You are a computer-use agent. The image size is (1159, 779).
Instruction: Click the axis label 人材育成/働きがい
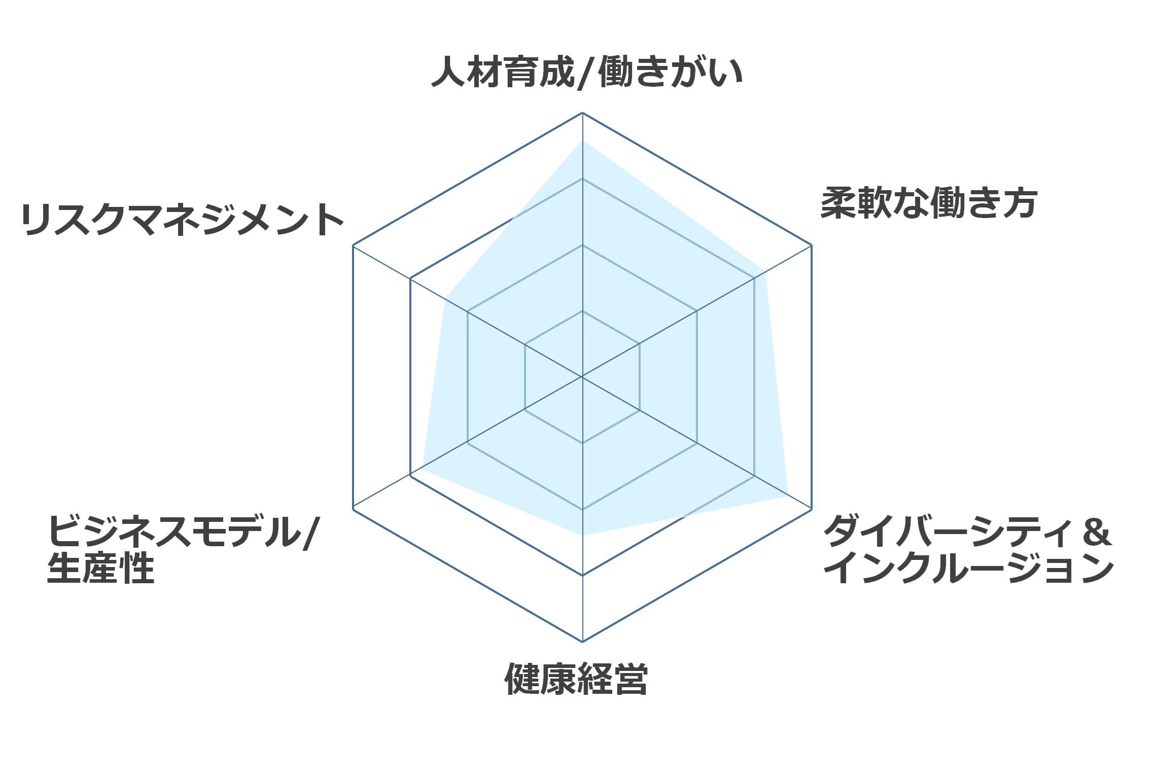[x=587, y=72]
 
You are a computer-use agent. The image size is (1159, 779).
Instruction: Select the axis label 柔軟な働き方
[x=929, y=203]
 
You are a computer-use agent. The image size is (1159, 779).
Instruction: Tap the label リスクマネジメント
[x=183, y=220]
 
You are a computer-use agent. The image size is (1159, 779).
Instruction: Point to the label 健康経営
[x=576, y=679]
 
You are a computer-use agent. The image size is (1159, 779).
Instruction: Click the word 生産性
[x=100, y=568]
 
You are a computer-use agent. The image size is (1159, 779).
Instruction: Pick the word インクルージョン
[x=969, y=568]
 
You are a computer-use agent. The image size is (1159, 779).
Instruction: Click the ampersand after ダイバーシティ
[x=1097, y=532]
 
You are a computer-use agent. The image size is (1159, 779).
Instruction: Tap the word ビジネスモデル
[x=174, y=532]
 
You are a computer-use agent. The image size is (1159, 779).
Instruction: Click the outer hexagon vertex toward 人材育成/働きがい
[x=582, y=113]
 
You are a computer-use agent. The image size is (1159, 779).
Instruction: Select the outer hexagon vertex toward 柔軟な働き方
[x=812, y=245]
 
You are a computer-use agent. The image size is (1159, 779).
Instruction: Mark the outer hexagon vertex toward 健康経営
[x=582, y=642]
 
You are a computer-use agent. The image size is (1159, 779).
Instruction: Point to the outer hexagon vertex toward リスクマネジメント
[x=353, y=245]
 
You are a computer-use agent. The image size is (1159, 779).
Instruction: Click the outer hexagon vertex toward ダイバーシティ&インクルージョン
[x=812, y=509]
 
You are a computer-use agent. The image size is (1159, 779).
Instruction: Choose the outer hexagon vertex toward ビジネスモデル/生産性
[x=353, y=509]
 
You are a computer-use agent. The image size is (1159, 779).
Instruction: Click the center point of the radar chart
[x=582, y=377]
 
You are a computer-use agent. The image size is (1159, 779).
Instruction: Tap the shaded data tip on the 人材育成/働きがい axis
[x=582, y=140]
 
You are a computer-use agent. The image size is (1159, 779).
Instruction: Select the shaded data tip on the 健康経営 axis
[x=582, y=535]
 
